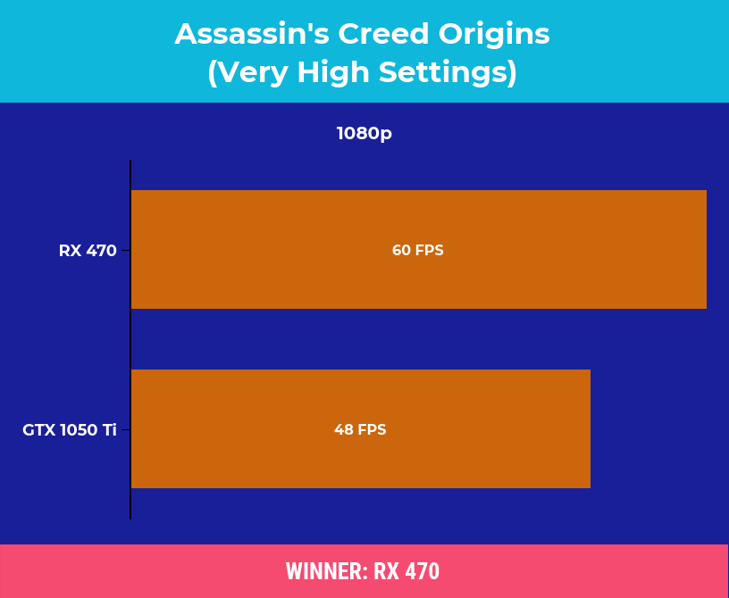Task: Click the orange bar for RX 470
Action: [419, 250]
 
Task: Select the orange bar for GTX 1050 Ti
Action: [361, 429]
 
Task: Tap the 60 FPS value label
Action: [418, 250]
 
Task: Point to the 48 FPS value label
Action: [360, 429]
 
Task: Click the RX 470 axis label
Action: [88, 251]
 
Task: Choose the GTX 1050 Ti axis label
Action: [70, 430]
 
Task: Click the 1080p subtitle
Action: [364, 133]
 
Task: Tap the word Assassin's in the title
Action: [252, 34]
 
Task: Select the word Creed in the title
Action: [383, 34]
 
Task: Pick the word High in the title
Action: [333, 72]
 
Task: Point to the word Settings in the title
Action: [448, 73]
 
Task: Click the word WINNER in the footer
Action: [323, 571]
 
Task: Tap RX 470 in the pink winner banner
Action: [406, 571]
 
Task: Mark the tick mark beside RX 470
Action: [126, 251]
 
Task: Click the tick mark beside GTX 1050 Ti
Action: [126, 430]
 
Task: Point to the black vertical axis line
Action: [130, 340]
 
